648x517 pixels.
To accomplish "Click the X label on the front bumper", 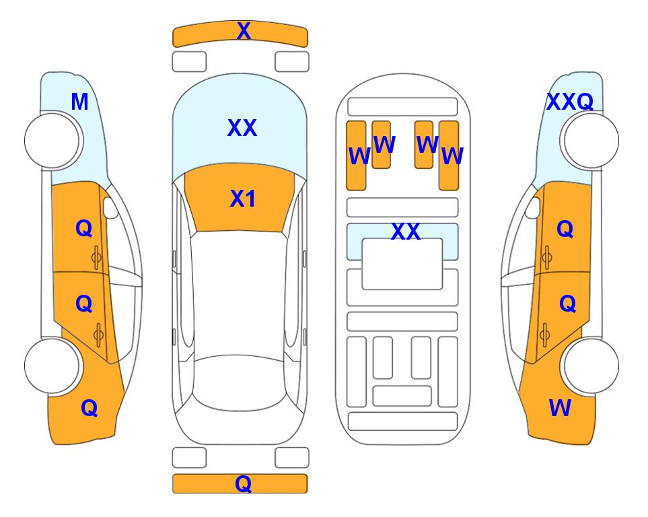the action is point(244,31).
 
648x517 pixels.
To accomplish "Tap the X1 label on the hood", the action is point(243,199).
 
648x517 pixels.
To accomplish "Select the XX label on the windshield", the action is point(242,128).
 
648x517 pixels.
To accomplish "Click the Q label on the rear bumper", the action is point(244,483).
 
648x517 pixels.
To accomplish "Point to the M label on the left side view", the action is point(80,102).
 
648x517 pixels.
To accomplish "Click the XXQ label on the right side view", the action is point(570,102).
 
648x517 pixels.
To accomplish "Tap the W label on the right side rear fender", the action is point(560,408).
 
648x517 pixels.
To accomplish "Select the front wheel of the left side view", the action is point(52,140).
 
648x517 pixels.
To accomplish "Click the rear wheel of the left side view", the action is point(52,366).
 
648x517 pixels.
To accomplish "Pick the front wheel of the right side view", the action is point(591,140).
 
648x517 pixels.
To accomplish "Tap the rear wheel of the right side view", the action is point(591,366).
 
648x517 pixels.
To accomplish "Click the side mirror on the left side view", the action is point(110,207).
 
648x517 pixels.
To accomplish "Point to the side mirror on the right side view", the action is point(533,207).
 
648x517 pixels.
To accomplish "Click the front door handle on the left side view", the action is point(96,258).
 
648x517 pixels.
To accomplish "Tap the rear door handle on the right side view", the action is point(545,335).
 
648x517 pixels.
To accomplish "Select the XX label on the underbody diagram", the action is point(406,232).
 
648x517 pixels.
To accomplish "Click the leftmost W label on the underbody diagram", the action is point(359,156).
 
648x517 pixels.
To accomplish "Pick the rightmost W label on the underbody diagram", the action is point(453,156).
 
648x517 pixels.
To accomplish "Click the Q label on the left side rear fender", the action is point(89,408).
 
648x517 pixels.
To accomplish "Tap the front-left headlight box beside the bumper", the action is point(189,62).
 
